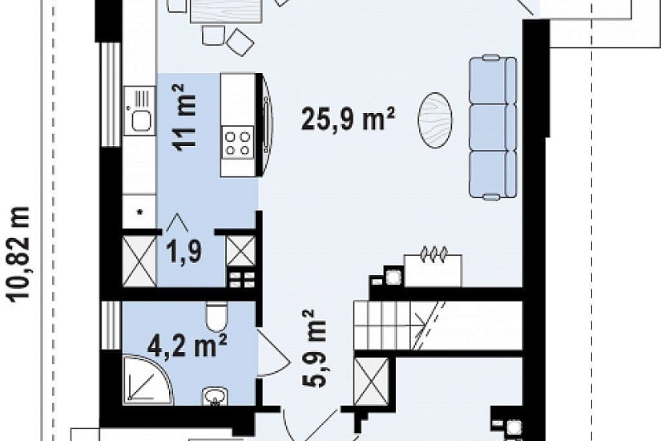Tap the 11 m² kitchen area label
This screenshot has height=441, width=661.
click(x=183, y=116)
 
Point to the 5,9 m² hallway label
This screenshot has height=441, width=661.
click(x=314, y=349)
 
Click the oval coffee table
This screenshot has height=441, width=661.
click(x=435, y=119)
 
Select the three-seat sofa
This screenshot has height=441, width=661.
click(x=493, y=127)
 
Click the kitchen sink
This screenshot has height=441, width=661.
click(x=140, y=111)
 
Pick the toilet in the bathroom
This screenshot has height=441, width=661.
click(x=217, y=318)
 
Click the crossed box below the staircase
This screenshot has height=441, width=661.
click(x=371, y=382)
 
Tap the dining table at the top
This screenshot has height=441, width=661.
click(x=226, y=11)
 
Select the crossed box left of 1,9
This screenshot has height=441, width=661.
click(x=139, y=261)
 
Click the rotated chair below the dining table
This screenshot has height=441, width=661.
click(x=240, y=42)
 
